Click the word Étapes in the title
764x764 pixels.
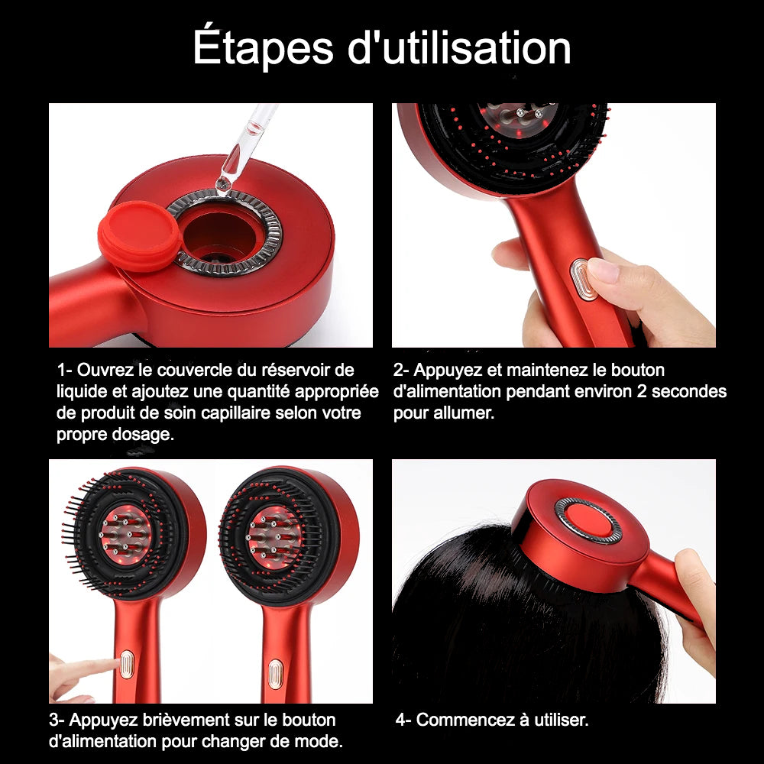click(263, 47)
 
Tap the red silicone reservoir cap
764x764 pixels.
click(140, 235)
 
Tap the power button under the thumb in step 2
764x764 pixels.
click(583, 279)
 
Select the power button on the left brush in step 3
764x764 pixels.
click(126, 664)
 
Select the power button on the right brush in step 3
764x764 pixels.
click(275, 673)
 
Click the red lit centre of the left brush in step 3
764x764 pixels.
click(125, 535)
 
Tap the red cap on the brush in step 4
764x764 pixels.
click(588, 520)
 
